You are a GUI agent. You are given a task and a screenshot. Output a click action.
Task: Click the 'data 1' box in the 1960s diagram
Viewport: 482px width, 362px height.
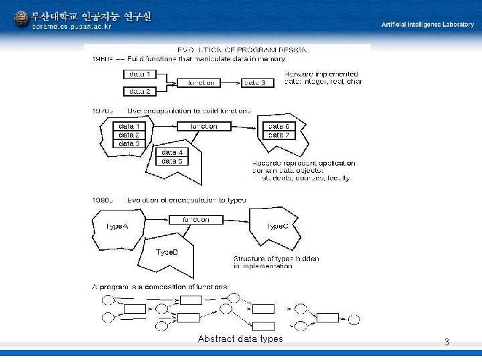pyautogui.click(x=139, y=74)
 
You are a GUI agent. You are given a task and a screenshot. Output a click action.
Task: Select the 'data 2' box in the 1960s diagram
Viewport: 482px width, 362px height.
pyautogui.click(x=139, y=91)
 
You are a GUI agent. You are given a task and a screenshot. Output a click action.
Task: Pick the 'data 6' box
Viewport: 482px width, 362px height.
pyautogui.click(x=278, y=126)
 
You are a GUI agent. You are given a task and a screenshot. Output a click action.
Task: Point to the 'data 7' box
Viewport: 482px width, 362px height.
pyautogui.click(x=278, y=135)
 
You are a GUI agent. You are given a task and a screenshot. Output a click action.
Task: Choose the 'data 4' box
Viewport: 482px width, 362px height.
pyautogui.click(x=172, y=152)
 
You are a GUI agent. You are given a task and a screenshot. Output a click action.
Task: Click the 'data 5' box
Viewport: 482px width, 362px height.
pyautogui.click(x=172, y=161)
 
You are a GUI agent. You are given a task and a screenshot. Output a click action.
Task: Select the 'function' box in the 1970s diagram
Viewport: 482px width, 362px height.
pyautogui.click(x=204, y=126)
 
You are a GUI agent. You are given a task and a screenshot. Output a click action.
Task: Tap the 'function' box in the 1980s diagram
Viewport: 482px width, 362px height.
pyautogui.click(x=195, y=219)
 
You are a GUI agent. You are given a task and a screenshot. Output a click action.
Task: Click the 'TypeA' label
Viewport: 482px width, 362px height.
pyautogui.click(x=116, y=226)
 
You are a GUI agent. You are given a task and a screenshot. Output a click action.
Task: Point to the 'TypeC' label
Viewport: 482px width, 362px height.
pyautogui.click(x=277, y=226)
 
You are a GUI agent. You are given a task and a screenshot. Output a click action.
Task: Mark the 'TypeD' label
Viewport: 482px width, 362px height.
pyautogui.click(x=167, y=252)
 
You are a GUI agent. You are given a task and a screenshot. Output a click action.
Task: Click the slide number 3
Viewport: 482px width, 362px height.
pyautogui.click(x=447, y=343)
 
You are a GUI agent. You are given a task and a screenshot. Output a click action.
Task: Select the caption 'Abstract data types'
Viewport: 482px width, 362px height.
pyautogui.click(x=240, y=339)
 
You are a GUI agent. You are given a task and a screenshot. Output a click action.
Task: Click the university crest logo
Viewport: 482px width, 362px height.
pyautogui.click(x=21, y=19)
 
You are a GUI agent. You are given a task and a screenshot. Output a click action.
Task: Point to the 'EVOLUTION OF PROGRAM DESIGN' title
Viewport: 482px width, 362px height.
pyautogui.click(x=242, y=50)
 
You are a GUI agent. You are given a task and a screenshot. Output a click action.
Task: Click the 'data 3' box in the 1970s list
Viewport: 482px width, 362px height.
pyautogui.click(x=129, y=143)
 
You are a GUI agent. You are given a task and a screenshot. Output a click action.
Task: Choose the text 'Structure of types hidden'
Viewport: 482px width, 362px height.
pyautogui.click(x=276, y=258)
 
